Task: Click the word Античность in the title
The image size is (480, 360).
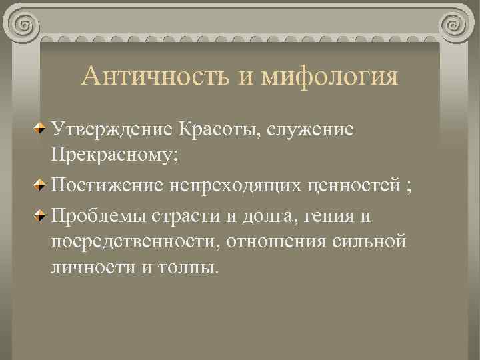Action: pyautogui.click(x=155, y=75)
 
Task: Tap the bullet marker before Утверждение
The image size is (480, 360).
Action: pyautogui.click(x=41, y=127)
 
